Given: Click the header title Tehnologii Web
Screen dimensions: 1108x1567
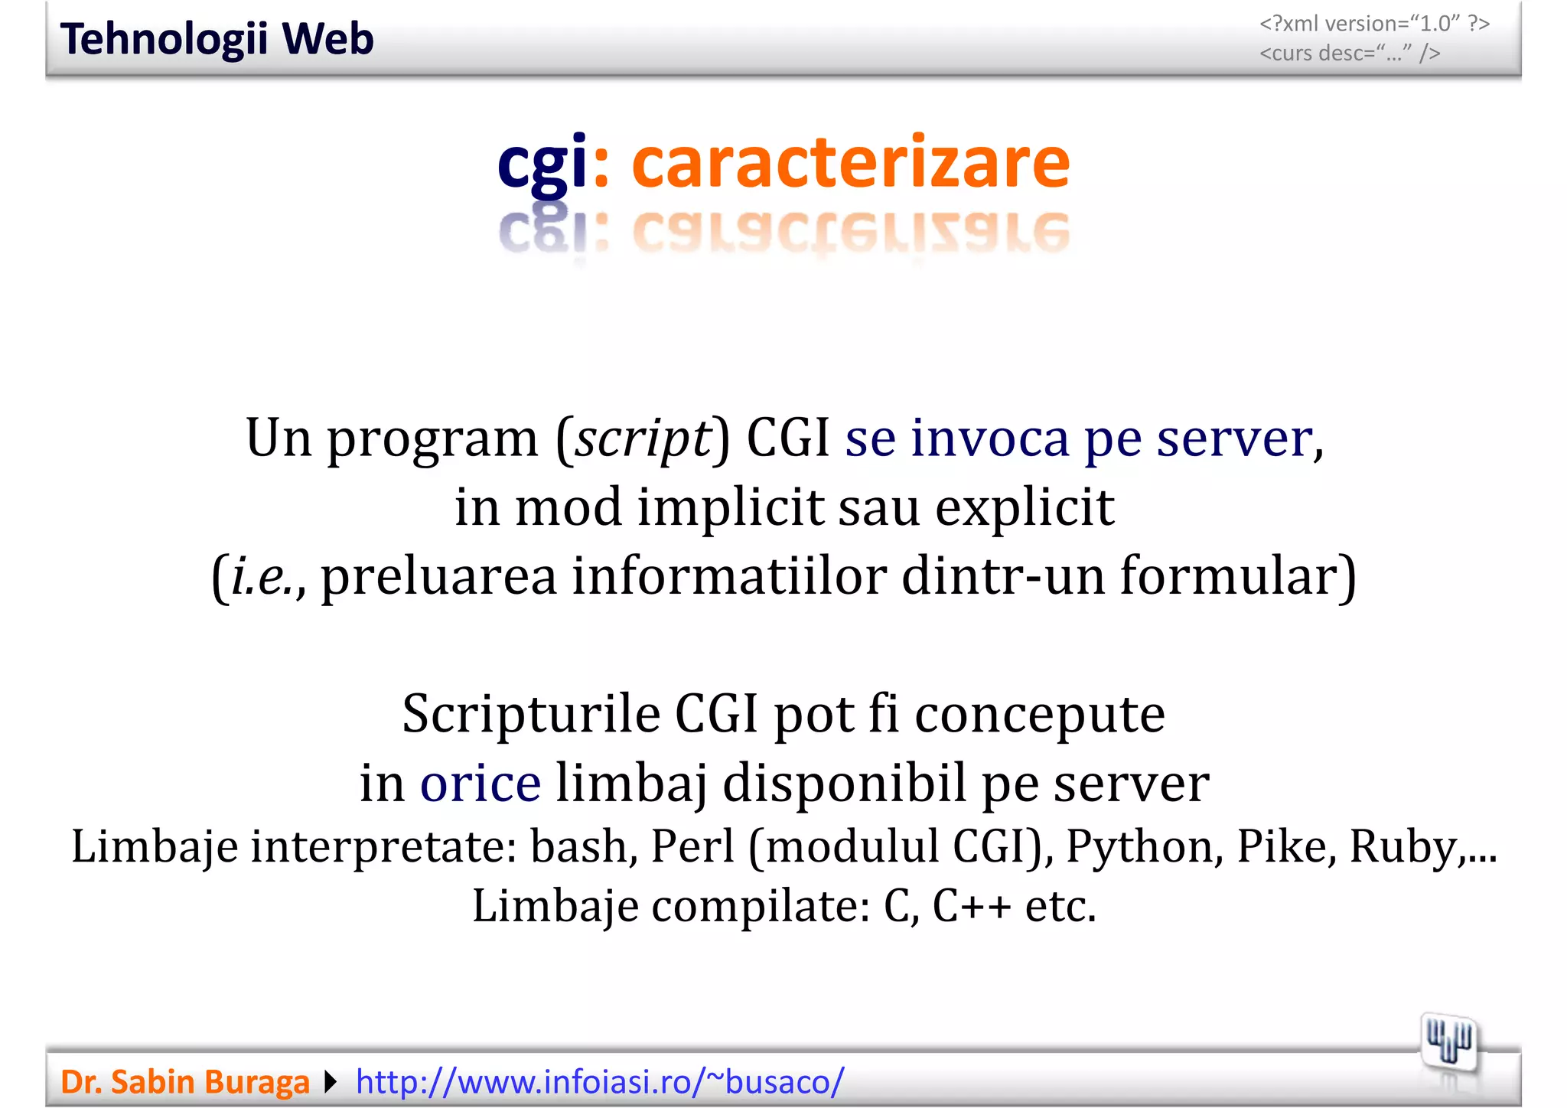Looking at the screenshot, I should point(217,39).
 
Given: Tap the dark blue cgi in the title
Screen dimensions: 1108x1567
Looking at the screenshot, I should point(542,162).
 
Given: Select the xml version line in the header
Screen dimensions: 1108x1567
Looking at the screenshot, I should point(1374,24).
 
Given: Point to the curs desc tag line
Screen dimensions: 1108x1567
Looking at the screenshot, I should point(1350,54).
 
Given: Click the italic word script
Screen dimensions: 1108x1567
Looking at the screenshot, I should point(643,438).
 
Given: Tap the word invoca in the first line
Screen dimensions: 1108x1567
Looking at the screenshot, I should point(989,438).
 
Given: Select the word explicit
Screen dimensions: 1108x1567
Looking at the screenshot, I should point(1024,507).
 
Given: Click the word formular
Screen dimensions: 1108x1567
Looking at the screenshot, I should point(1237,576).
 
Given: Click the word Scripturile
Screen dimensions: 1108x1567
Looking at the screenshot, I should point(531,714).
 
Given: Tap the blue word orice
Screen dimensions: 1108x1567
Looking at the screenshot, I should point(481,783).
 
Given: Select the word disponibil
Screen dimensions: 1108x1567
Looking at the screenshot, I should point(844,783).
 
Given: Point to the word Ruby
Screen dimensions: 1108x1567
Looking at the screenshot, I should point(1402,847).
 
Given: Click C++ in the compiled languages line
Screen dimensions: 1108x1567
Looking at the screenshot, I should point(971,907).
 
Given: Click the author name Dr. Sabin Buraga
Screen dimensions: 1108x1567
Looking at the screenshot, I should point(184,1082).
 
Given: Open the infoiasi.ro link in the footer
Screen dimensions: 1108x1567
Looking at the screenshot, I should point(600,1082).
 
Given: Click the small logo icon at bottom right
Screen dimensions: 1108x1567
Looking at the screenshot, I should point(1448,1041).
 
